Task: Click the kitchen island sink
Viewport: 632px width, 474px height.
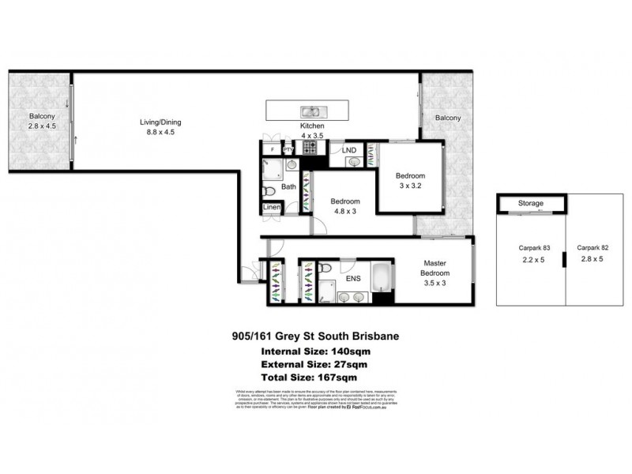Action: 310,111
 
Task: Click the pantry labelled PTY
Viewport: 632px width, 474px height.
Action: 288,148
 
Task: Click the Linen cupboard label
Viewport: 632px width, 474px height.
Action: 272,207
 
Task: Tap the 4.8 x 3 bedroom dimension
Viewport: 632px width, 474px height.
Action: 345,212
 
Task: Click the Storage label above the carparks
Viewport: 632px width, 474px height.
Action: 530,203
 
